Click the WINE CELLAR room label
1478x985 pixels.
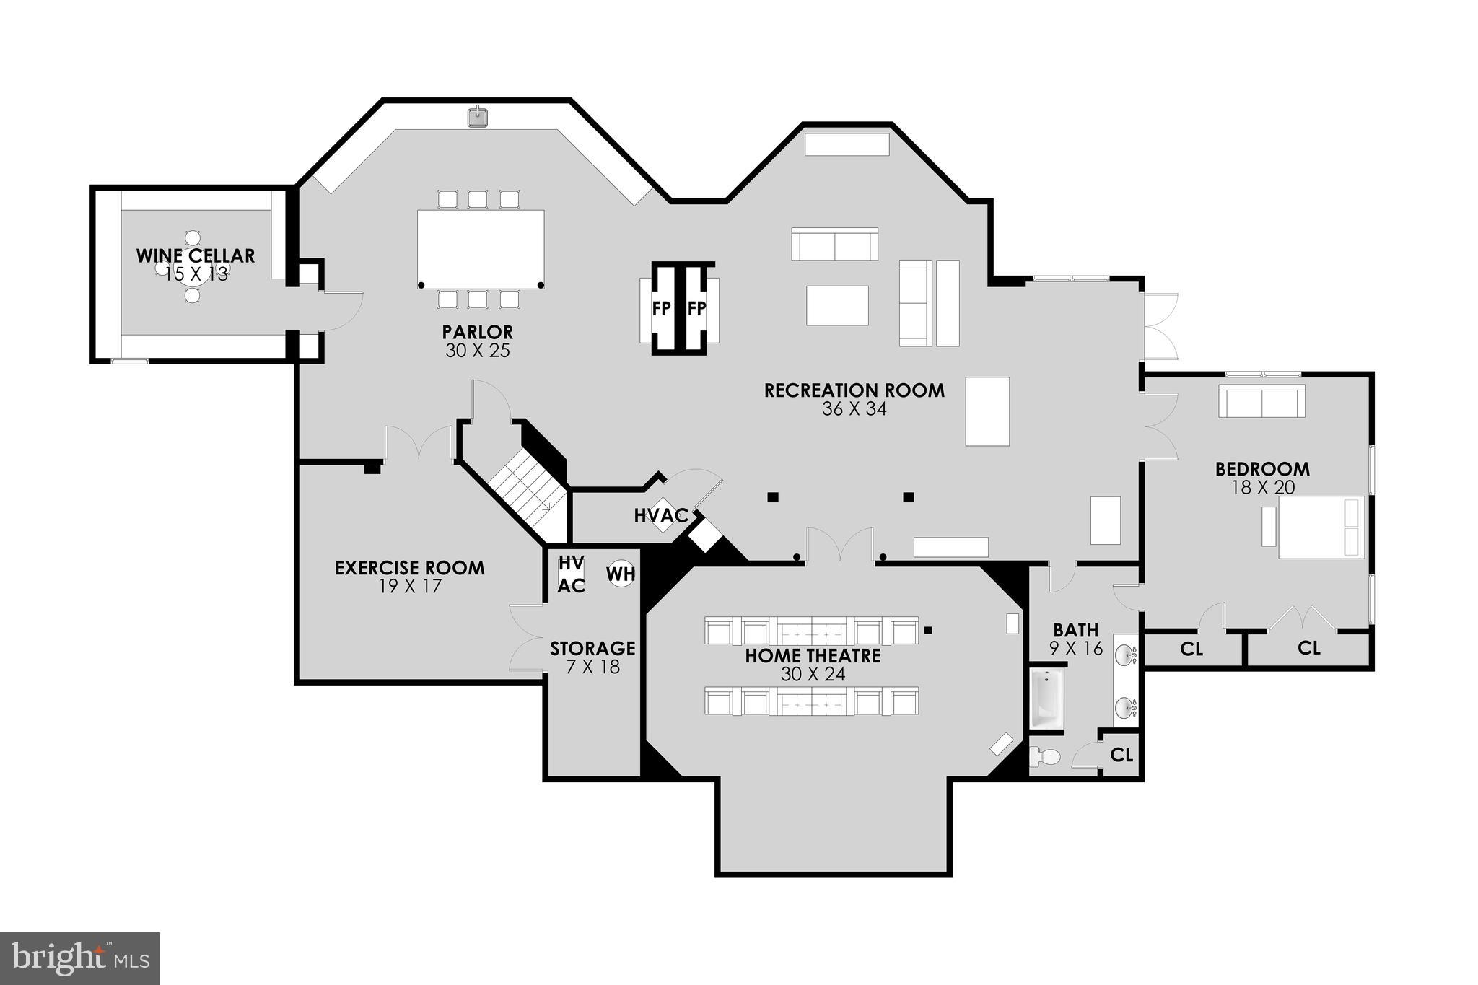click(196, 255)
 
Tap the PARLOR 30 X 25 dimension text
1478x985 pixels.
click(477, 351)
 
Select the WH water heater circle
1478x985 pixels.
click(621, 574)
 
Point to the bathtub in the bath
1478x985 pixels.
click(1046, 699)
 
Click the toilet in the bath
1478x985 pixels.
click(1044, 757)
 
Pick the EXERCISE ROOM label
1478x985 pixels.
click(409, 568)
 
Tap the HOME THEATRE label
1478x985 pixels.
click(813, 656)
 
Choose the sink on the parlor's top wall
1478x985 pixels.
click(477, 116)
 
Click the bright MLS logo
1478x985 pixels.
click(80, 958)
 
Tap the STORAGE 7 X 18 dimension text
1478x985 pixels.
click(592, 666)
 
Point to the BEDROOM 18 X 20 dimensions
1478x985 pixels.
click(1263, 488)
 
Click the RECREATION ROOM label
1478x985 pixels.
click(854, 390)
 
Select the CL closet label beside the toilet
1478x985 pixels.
click(1121, 755)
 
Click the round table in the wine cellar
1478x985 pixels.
click(192, 267)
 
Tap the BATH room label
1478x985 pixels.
click(1075, 630)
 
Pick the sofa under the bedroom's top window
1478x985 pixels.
click(1261, 401)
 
